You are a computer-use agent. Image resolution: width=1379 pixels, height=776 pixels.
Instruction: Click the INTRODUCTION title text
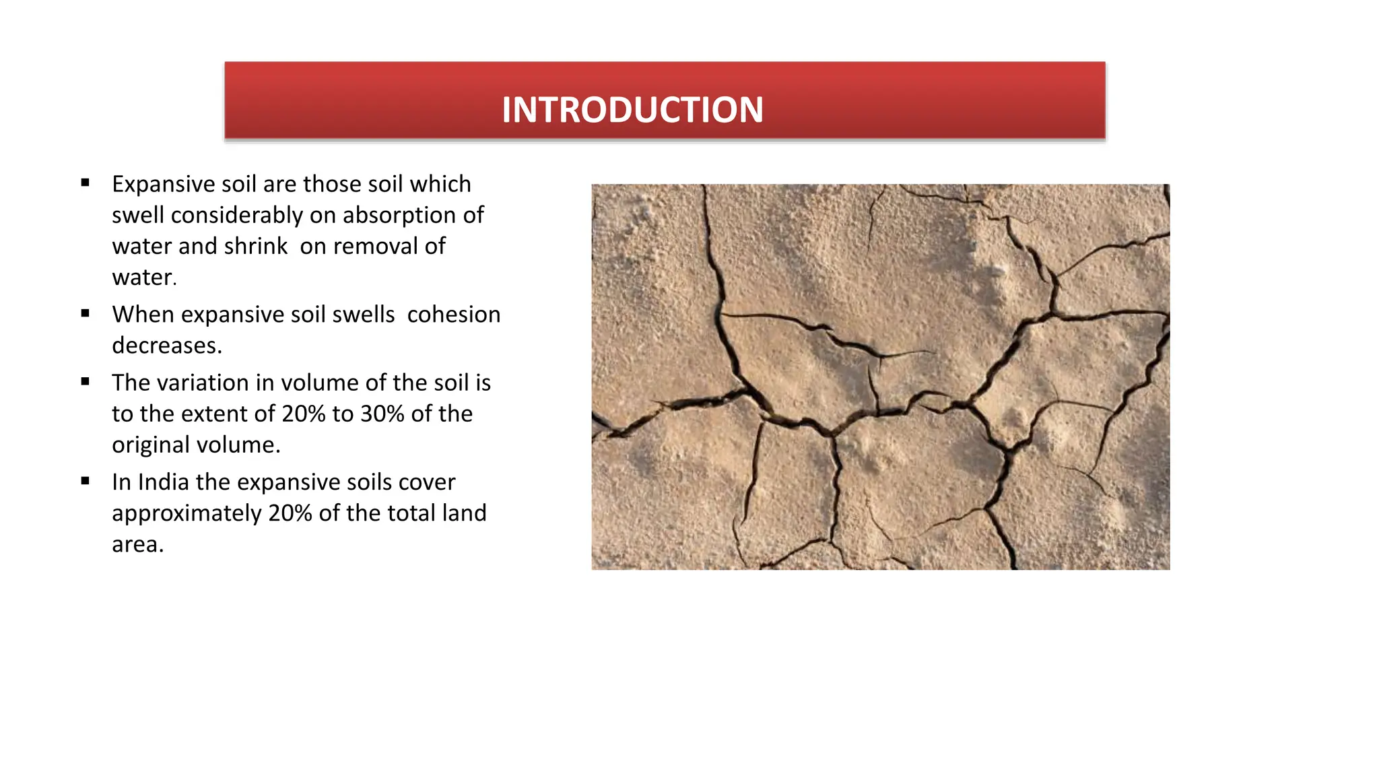pyautogui.click(x=632, y=110)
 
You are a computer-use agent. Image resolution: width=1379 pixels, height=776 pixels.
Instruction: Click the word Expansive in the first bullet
pyautogui.click(x=164, y=185)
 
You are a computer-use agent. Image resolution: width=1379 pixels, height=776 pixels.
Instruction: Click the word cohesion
pyautogui.click(x=454, y=315)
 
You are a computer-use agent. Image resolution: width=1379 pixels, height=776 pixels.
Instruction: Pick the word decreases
pyautogui.click(x=166, y=346)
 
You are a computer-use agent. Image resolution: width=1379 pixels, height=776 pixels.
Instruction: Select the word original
pyautogui.click(x=154, y=445)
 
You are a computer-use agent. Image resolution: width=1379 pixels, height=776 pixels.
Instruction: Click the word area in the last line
pyautogui.click(x=137, y=544)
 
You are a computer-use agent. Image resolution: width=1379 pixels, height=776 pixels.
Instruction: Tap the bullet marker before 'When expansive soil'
pyautogui.click(x=85, y=313)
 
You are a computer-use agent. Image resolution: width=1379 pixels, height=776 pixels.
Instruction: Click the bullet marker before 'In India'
pyautogui.click(x=85, y=481)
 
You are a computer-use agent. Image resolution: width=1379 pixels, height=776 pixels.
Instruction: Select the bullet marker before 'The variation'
pyautogui.click(x=85, y=381)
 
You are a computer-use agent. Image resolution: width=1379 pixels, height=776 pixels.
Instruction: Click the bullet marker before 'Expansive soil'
pyautogui.click(x=85, y=183)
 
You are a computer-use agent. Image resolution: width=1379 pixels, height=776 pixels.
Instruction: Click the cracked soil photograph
pyautogui.click(x=880, y=377)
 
